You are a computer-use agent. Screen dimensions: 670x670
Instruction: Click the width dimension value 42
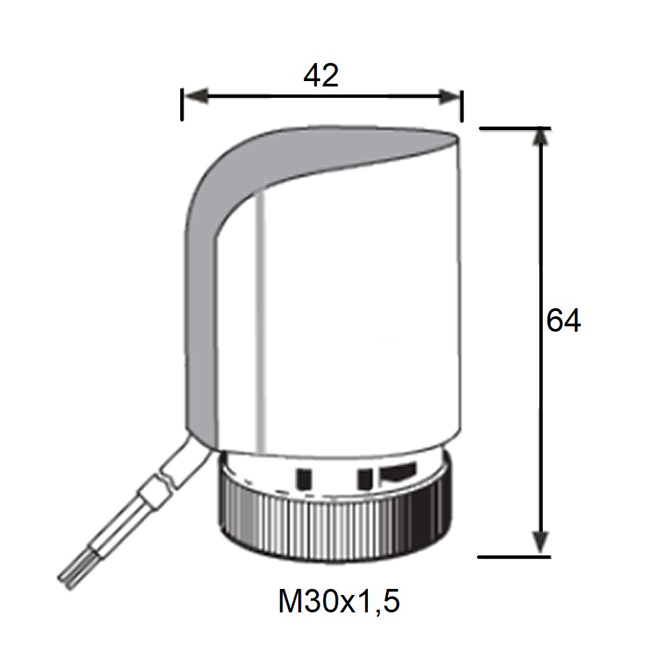pyautogui.click(x=321, y=76)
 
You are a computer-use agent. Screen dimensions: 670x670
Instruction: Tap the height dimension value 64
pyautogui.click(x=563, y=320)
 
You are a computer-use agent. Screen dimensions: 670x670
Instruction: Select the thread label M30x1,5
pyautogui.click(x=339, y=601)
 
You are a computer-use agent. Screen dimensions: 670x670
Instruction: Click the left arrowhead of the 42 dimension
pyautogui.click(x=195, y=96)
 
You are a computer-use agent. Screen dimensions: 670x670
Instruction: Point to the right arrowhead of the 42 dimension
pyautogui.click(x=450, y=96)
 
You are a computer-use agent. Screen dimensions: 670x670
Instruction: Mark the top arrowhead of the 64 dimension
pyautogui.click(x=541, y=136)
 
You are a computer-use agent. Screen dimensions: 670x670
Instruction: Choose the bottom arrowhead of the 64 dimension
pyautogui.click(x=541, y=543)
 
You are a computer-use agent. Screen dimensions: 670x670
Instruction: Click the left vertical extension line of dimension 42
pyautogui.click(x=182, y=105)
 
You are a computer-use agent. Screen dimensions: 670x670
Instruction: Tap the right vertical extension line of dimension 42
pyautogui.click(x=462, y=106)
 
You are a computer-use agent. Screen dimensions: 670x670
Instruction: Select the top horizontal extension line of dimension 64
pyautogui.click(x=515, y=128)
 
